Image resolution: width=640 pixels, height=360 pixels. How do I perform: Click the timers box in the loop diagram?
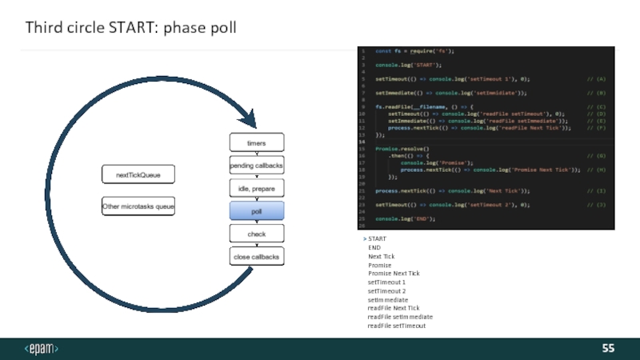point(256,143)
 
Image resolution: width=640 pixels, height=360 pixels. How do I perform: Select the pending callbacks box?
point(256,166)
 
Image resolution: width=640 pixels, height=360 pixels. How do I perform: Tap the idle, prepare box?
point(256,188)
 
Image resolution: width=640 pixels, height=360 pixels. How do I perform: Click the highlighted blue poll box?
point(256,211)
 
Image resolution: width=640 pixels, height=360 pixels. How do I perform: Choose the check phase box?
point(256,234)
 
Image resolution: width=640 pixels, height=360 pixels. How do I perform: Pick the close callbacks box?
point(256,257)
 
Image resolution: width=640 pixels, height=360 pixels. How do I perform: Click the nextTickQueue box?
point(138,174)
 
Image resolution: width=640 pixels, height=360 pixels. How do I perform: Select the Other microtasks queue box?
point(138,206)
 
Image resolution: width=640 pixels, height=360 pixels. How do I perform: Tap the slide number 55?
point(609,349)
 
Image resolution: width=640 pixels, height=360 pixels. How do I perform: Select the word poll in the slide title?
point(222,29)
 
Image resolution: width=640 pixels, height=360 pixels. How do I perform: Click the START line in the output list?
point(377,239)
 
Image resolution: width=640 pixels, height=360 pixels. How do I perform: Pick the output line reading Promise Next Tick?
point(394,274)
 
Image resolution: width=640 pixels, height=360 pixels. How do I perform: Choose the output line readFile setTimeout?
point(397,326)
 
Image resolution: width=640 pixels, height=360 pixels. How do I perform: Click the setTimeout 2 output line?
point(386,291)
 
